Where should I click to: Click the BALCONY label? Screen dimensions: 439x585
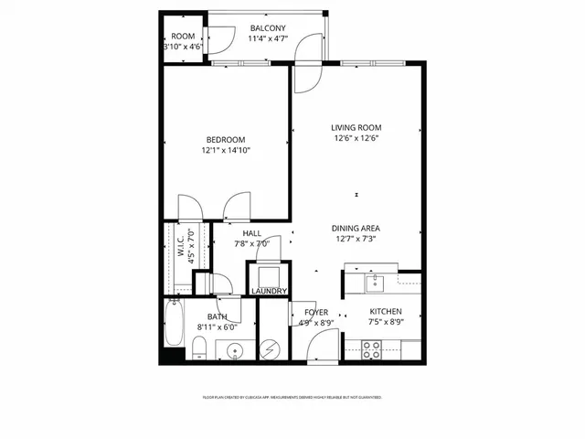coord(268,28)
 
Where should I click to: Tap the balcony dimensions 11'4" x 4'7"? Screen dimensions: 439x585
coord(268,39)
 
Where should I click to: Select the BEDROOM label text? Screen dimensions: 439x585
coord(226,139)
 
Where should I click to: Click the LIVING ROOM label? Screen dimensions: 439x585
coord(356,127)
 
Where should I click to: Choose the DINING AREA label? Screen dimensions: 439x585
coord(356,228)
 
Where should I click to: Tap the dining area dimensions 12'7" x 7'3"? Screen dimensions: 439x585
coord(356,239)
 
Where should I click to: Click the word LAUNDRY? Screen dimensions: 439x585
coord(270,292)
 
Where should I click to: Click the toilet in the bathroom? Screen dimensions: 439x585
coord(198,347)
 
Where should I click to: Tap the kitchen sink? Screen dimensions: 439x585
coord(373,283)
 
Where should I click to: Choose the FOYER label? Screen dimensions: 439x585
coord(316,313)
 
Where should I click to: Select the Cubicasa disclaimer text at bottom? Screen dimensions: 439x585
coord(292,398)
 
